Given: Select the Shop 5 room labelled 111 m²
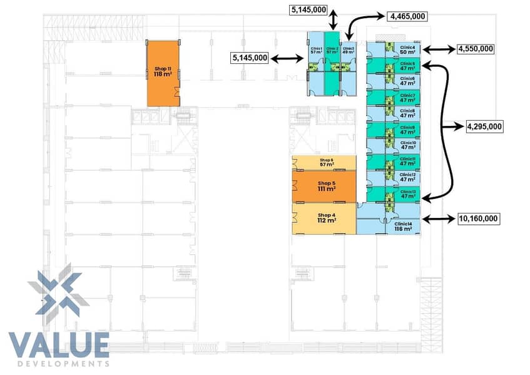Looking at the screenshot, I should point(324,186).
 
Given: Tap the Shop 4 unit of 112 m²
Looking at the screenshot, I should point(324,218).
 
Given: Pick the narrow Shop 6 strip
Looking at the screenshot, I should point(324,163).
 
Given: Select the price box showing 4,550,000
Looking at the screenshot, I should point(475,48).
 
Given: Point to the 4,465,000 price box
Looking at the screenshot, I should point(407,16).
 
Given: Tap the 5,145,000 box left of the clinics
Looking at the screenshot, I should point(250,58).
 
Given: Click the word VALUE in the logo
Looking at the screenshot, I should point(59,346).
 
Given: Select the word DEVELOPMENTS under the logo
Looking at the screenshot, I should point(59,364).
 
